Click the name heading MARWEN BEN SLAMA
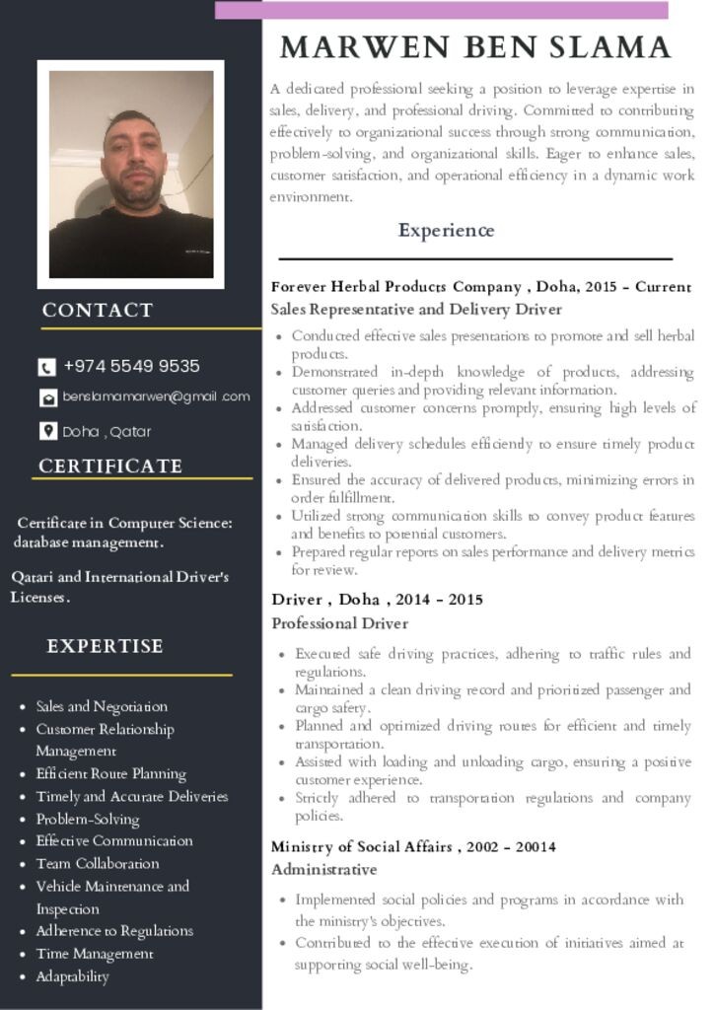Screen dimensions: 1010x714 point(475,47)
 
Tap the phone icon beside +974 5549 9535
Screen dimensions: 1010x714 point(46,367)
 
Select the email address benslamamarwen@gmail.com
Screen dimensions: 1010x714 point(156,397)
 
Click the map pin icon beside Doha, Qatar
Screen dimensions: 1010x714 point(47,431)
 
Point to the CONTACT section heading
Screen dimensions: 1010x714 point(98,310)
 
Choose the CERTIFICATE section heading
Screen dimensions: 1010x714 point(110,466)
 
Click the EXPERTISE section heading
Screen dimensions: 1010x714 point(105,646)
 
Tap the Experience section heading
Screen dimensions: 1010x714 point(446,231)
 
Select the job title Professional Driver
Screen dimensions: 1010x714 point(340,623)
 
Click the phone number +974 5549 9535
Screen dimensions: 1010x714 point(131,366)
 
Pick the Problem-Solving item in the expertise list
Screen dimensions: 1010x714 point(88,819)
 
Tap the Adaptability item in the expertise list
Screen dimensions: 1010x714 point(72,976)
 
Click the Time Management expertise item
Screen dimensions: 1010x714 point(95,954)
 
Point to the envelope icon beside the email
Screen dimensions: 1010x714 point(47,397)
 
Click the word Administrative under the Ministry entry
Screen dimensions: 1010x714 point(324,869)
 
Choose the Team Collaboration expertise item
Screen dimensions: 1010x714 point(98,863)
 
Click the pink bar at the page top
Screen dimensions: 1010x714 point(441,10)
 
